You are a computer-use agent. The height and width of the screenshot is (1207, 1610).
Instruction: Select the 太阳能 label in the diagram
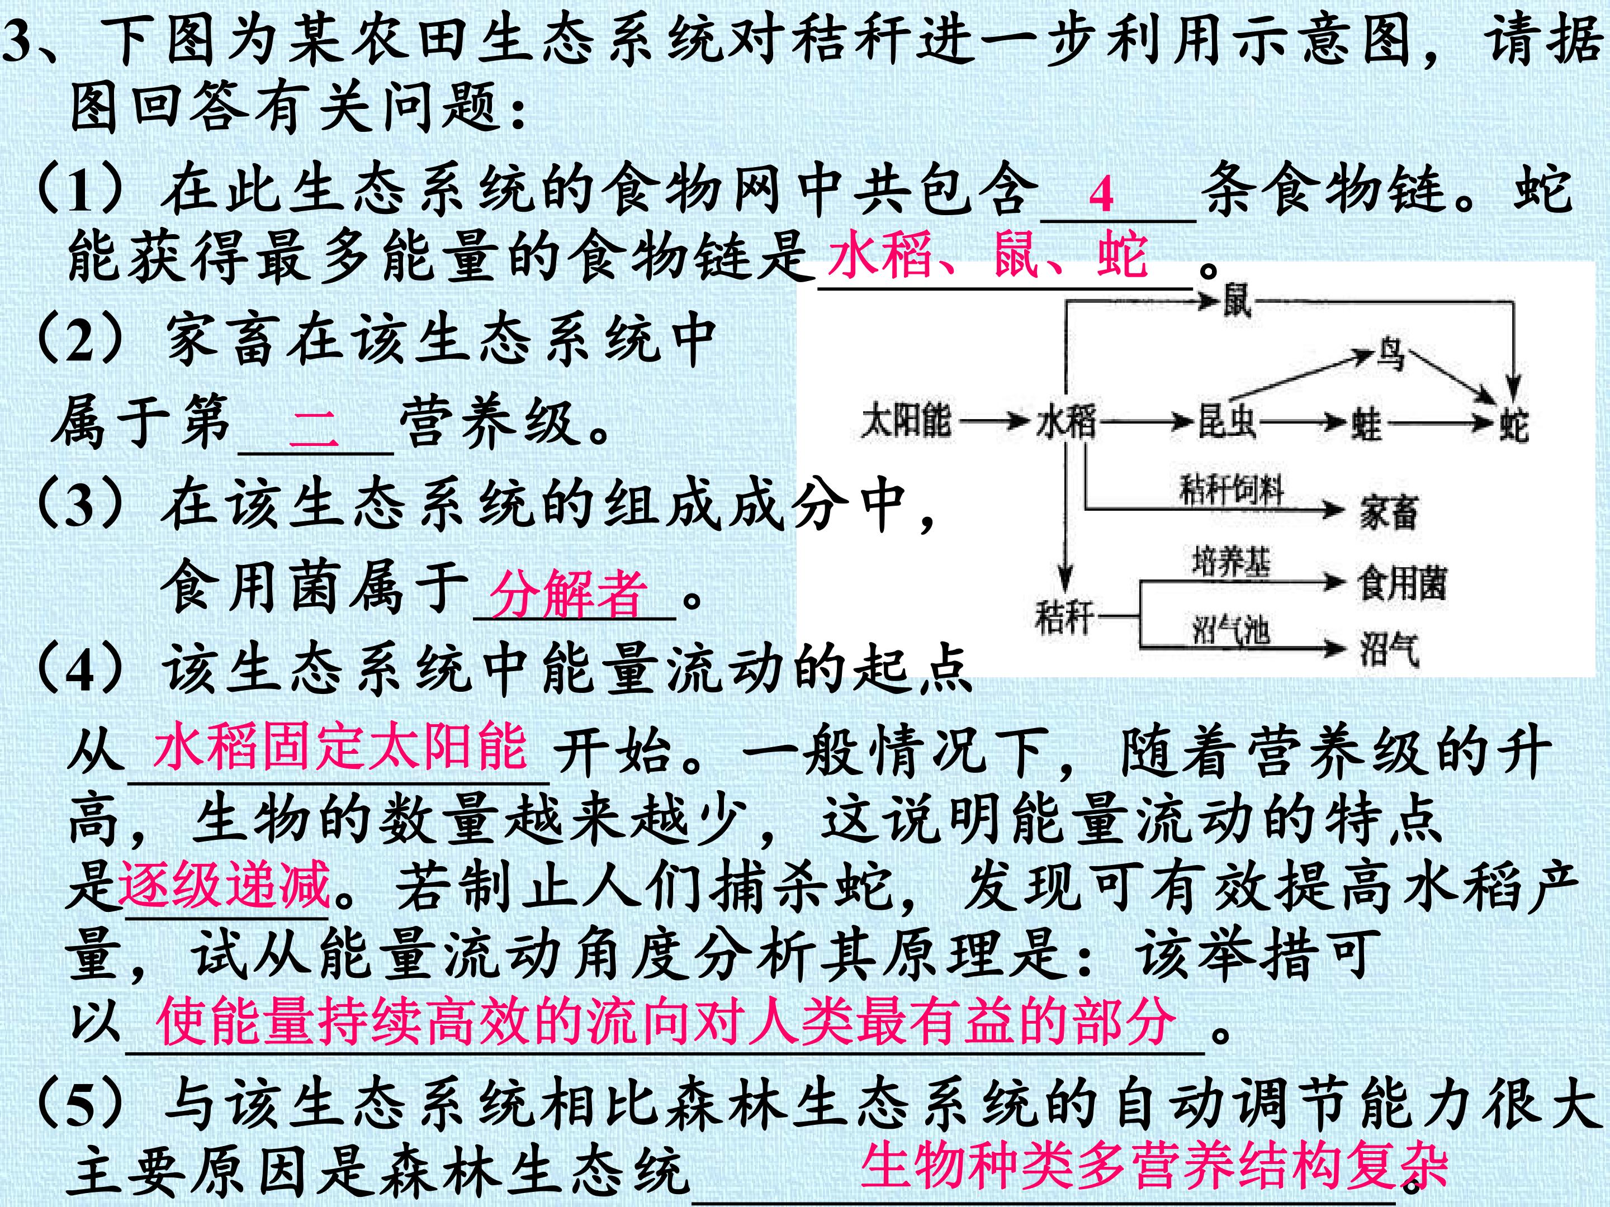click(x=906, y=421)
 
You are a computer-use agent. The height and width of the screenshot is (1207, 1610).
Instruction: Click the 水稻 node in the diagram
click(x=1066, y=422)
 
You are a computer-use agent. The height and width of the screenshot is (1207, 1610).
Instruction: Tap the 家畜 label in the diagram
click(x=1389, y=511)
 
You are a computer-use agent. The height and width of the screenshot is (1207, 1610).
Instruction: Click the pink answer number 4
click(x=1101, y=195)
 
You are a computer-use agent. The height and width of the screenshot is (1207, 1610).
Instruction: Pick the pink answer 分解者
click(x=568, y=593)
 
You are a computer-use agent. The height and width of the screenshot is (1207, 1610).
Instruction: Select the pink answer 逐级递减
click(x=225, y=885)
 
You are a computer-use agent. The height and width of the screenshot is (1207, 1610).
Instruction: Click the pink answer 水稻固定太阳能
click(x=340, y=747)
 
